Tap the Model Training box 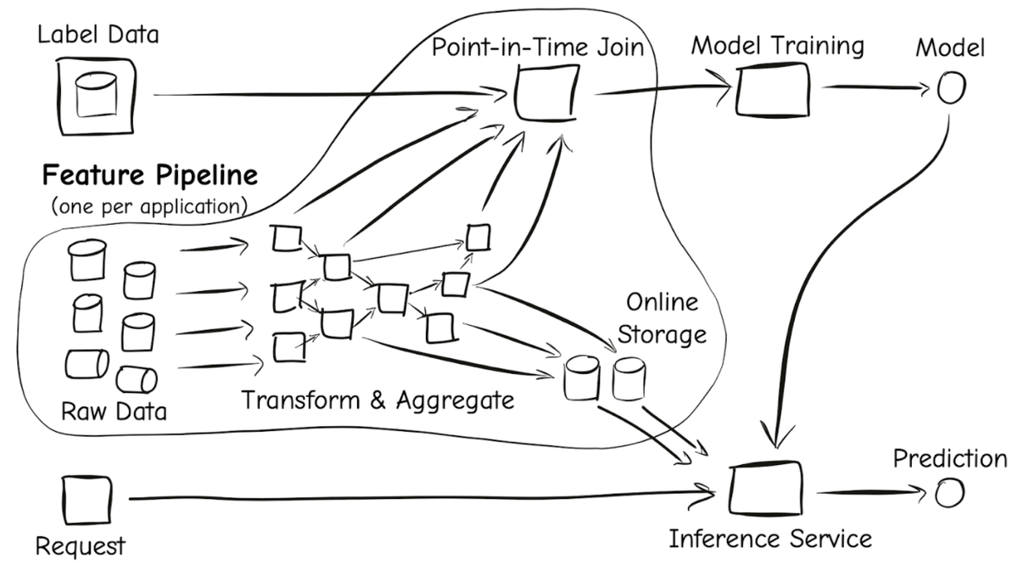coord(771,89)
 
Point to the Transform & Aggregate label coord(378,399)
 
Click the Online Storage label coord(661,318)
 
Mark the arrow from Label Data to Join coord(322,94)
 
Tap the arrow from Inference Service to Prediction coord(865,492)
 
